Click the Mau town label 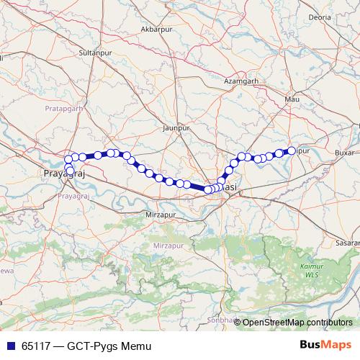[292, 99]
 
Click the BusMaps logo [325, 346]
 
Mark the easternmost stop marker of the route [292, 150]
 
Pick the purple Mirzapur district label [168, 246]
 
